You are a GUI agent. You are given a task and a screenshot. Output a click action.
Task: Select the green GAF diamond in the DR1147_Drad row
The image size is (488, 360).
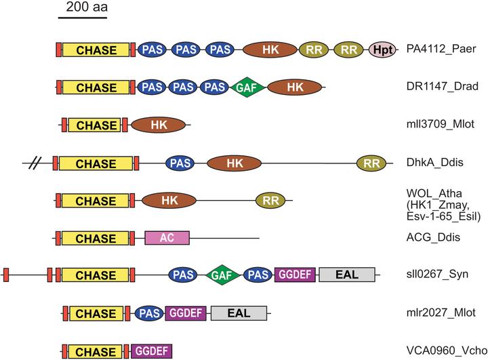(246, 87)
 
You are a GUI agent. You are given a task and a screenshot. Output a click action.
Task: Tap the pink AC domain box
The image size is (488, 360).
(167, 238)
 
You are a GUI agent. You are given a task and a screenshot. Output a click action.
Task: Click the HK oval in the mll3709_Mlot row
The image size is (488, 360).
(158, 125)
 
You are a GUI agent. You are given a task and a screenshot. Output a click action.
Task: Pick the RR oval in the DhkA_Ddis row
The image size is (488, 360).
(371, 163)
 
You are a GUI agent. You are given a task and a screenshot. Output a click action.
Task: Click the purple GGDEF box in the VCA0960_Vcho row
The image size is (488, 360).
(151, 351)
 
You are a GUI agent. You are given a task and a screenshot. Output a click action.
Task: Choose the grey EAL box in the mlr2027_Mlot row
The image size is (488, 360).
(239, 313)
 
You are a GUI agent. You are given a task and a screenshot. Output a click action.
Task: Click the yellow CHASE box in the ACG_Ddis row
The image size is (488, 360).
(95, 238)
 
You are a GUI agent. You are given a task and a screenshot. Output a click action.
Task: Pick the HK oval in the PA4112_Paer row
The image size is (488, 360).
(270, 49)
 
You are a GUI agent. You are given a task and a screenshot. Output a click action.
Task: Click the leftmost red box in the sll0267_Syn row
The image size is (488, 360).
(6, 275)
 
